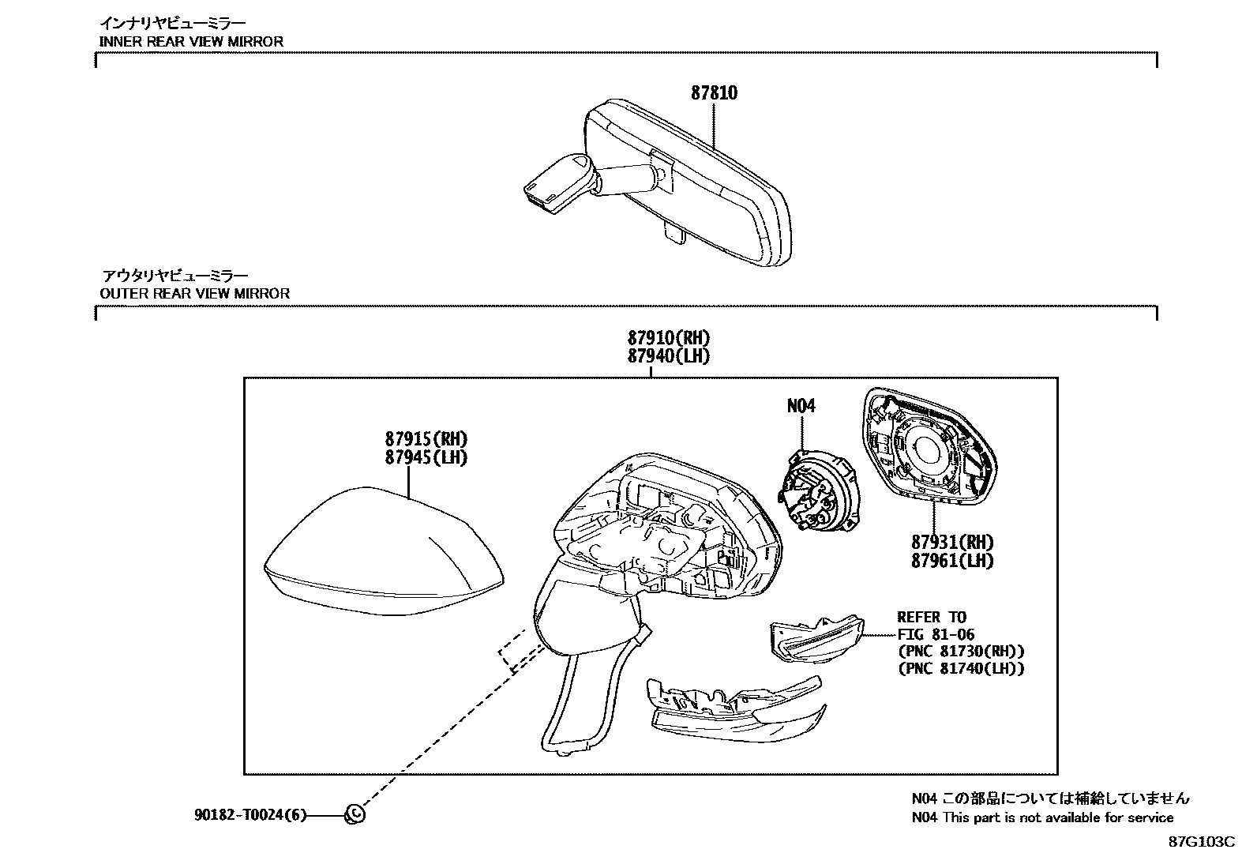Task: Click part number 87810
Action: [x=714, y=93]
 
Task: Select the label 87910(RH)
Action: [x=669, y=338]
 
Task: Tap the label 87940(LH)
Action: [x=669, y=356]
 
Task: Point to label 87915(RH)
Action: [x=426, y=439]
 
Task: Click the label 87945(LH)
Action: [x=426, y=458]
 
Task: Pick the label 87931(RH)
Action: [x=952, y=543]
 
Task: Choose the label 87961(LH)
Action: [x=952, y=562]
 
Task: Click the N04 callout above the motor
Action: [x=801, y=406]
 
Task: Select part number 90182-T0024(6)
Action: [x=250, y=814]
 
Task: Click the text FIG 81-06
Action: [x=936, y=634]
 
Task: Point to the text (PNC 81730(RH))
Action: [x=961, y=652]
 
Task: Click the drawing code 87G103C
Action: [x=1201, y=842]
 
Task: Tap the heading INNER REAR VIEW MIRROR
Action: [x=191, y=41]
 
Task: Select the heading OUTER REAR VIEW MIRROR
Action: [x=195, y=293]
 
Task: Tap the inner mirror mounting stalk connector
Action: [x=553, y=183]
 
